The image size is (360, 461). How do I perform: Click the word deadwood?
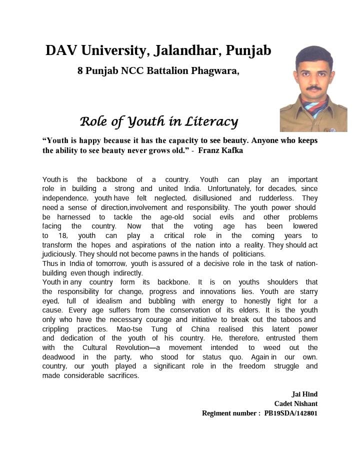(x=60, y=357)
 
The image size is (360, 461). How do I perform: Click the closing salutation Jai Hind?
(x=304, y=394)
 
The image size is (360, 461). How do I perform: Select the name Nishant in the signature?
(x=306, y=403)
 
